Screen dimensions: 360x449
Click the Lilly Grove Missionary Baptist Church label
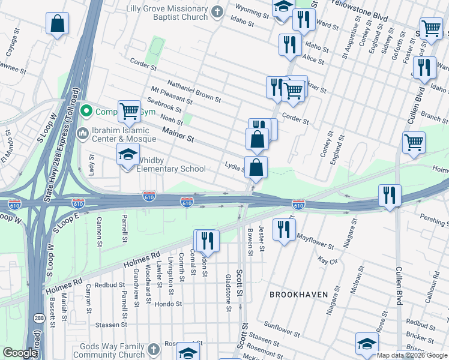[167, 13]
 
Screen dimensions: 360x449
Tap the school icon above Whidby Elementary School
[128, 155]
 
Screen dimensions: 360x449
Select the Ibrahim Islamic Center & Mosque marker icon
[83, 133]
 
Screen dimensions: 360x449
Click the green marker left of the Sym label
[87, 111]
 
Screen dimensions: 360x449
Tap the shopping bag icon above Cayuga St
[57, 24]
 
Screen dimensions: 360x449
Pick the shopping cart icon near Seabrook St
[129, 111]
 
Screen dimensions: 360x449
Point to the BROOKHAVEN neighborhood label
[298, 295]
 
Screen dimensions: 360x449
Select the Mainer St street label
[178, 137]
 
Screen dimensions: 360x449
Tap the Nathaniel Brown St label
[194, 90]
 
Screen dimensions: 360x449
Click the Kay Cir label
[328, 261]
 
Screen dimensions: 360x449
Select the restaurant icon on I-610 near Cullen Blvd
[389, 196]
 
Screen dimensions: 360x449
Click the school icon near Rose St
[366, 344]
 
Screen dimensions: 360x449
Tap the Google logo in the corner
[20, 353]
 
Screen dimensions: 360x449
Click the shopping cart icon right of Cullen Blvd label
[414, 143]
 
